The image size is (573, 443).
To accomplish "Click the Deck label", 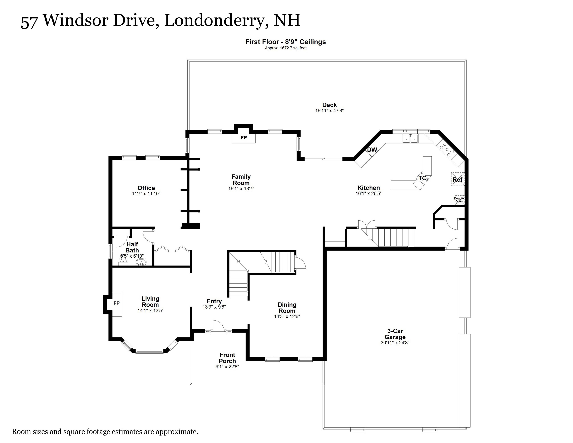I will pyautogui.click(x=329, y=105).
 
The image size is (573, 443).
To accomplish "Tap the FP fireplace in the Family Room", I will pyautogui.click(x=244, y=137).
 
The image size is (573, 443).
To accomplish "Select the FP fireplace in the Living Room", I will pyautogui.click(x=117, y=303).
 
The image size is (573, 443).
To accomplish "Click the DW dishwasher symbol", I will pyautogui.click(x=372, y=150).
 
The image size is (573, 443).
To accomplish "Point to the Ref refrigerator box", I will pyautogui.click(x=457, y=180).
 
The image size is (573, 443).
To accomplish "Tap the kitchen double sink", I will pyautogui.click(x=410, y=138).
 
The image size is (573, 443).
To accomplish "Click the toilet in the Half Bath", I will pyautogui.click(x=123, y=260).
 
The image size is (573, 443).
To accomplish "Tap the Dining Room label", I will pyautogui.click(x=287, y=308).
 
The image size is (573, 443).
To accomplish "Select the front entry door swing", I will pyautogui.click(x=218, y=326).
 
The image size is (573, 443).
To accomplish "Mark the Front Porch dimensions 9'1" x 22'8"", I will pyautogui.click(x=227, y=367).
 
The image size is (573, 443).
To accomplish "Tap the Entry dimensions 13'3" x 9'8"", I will pyautogui.click(x=214, y=307).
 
